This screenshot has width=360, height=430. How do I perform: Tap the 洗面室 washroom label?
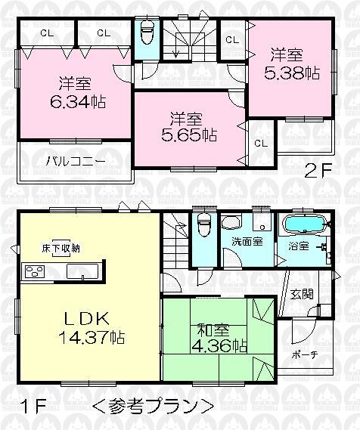(247, 242)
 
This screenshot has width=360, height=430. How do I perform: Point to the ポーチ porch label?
(303, 354)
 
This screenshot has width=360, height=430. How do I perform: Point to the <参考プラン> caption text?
(151, 405)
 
